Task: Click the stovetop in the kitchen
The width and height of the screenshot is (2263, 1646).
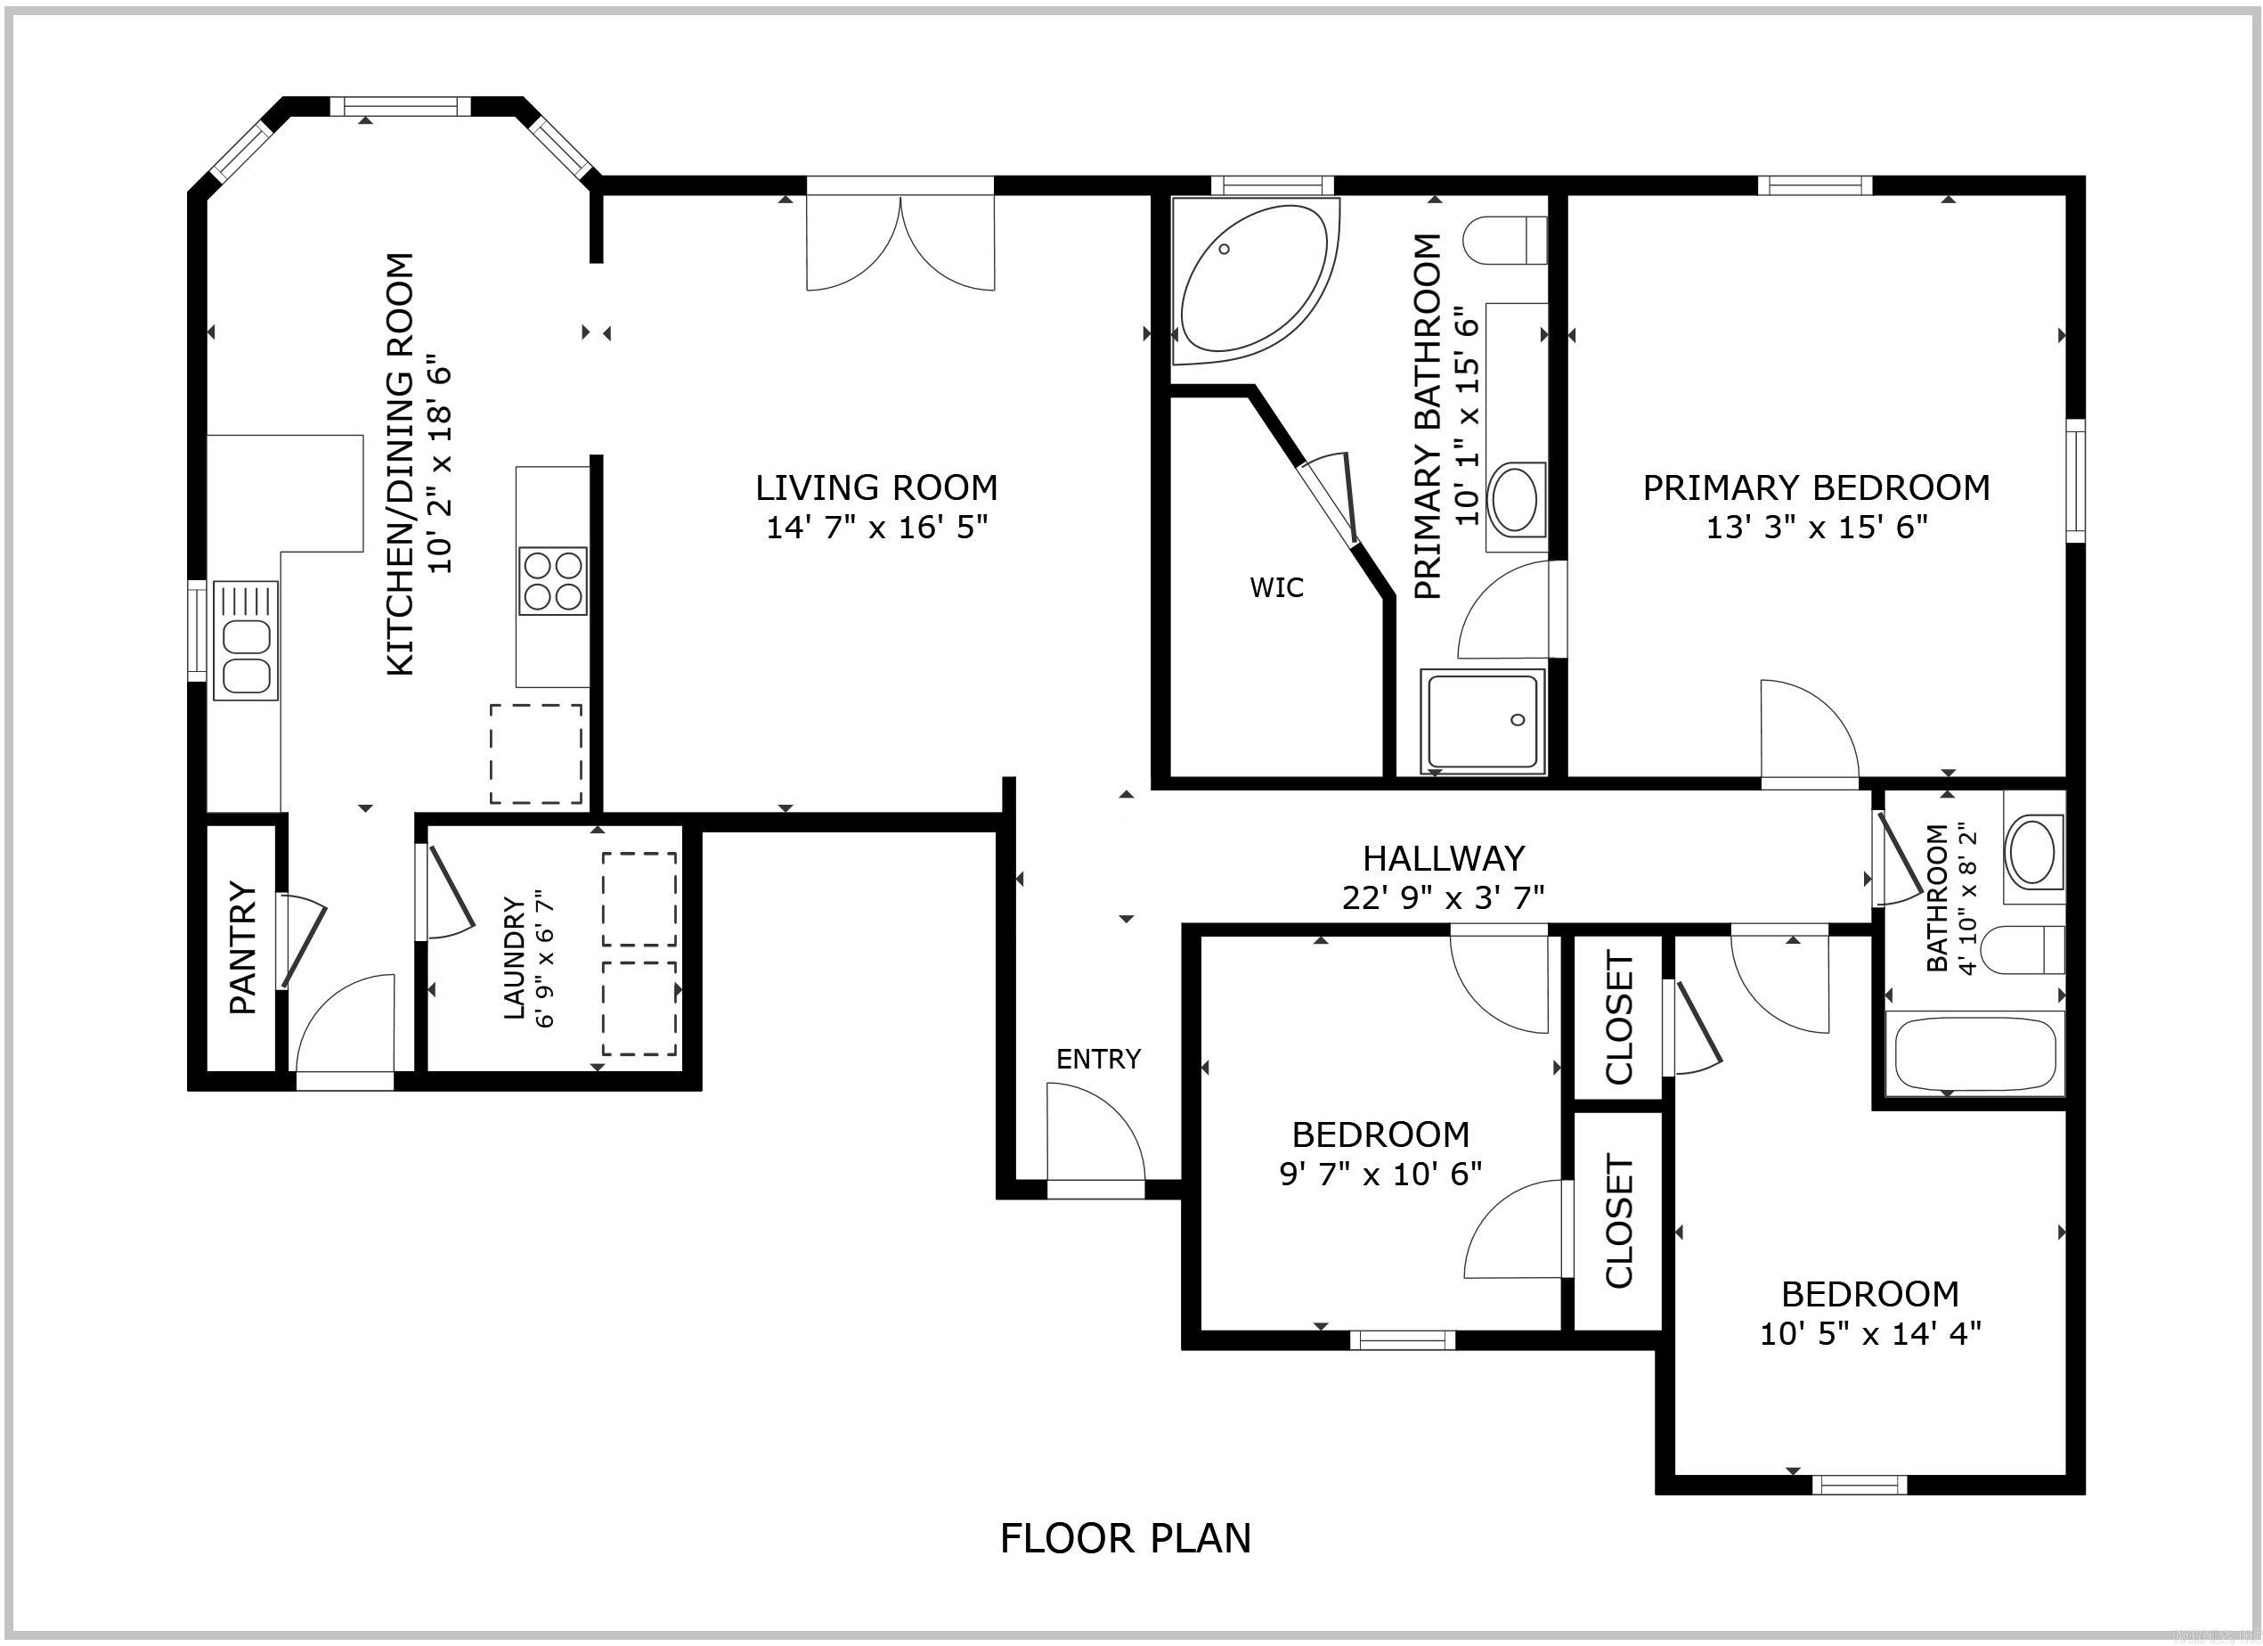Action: tap(553, 581)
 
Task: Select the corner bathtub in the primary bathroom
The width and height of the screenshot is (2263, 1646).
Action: tap(1252, 280)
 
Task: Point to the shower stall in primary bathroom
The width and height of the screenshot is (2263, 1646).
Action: tap(1482, 718)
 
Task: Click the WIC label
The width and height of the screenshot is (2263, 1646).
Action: tap(1276, 587)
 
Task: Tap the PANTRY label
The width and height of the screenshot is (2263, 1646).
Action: tap(242, 946)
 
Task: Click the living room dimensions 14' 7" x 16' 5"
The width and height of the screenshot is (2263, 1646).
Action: tap(876, 526)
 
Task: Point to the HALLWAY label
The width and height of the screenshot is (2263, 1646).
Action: tap(1443, 857)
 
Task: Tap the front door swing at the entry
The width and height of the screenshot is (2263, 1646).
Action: tap(1095, 1133)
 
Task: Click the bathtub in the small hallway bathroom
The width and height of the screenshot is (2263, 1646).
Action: tap(1970, 1054)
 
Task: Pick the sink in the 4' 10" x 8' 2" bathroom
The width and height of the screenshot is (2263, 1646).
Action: tap(2031, 851)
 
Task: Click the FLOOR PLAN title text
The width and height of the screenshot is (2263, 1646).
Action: tap(1125, 1538)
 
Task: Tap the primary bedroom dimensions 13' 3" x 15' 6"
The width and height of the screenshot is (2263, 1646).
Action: tap(1815, 526)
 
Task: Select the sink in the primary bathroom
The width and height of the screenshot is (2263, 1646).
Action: tap(1514, 500)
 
